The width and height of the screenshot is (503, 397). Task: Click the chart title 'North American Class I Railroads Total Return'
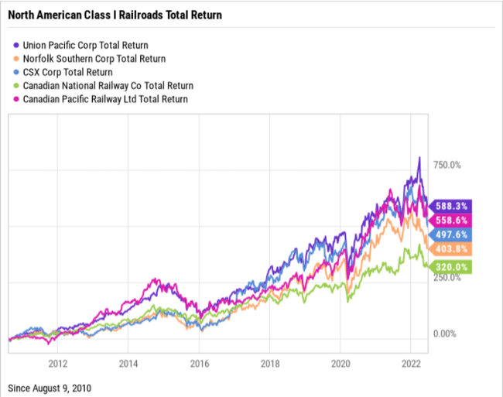(x=114, y=14)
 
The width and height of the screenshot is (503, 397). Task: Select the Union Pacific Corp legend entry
(x=85, y=45)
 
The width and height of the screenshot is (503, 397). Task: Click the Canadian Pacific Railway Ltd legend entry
(x=105, y=99)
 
